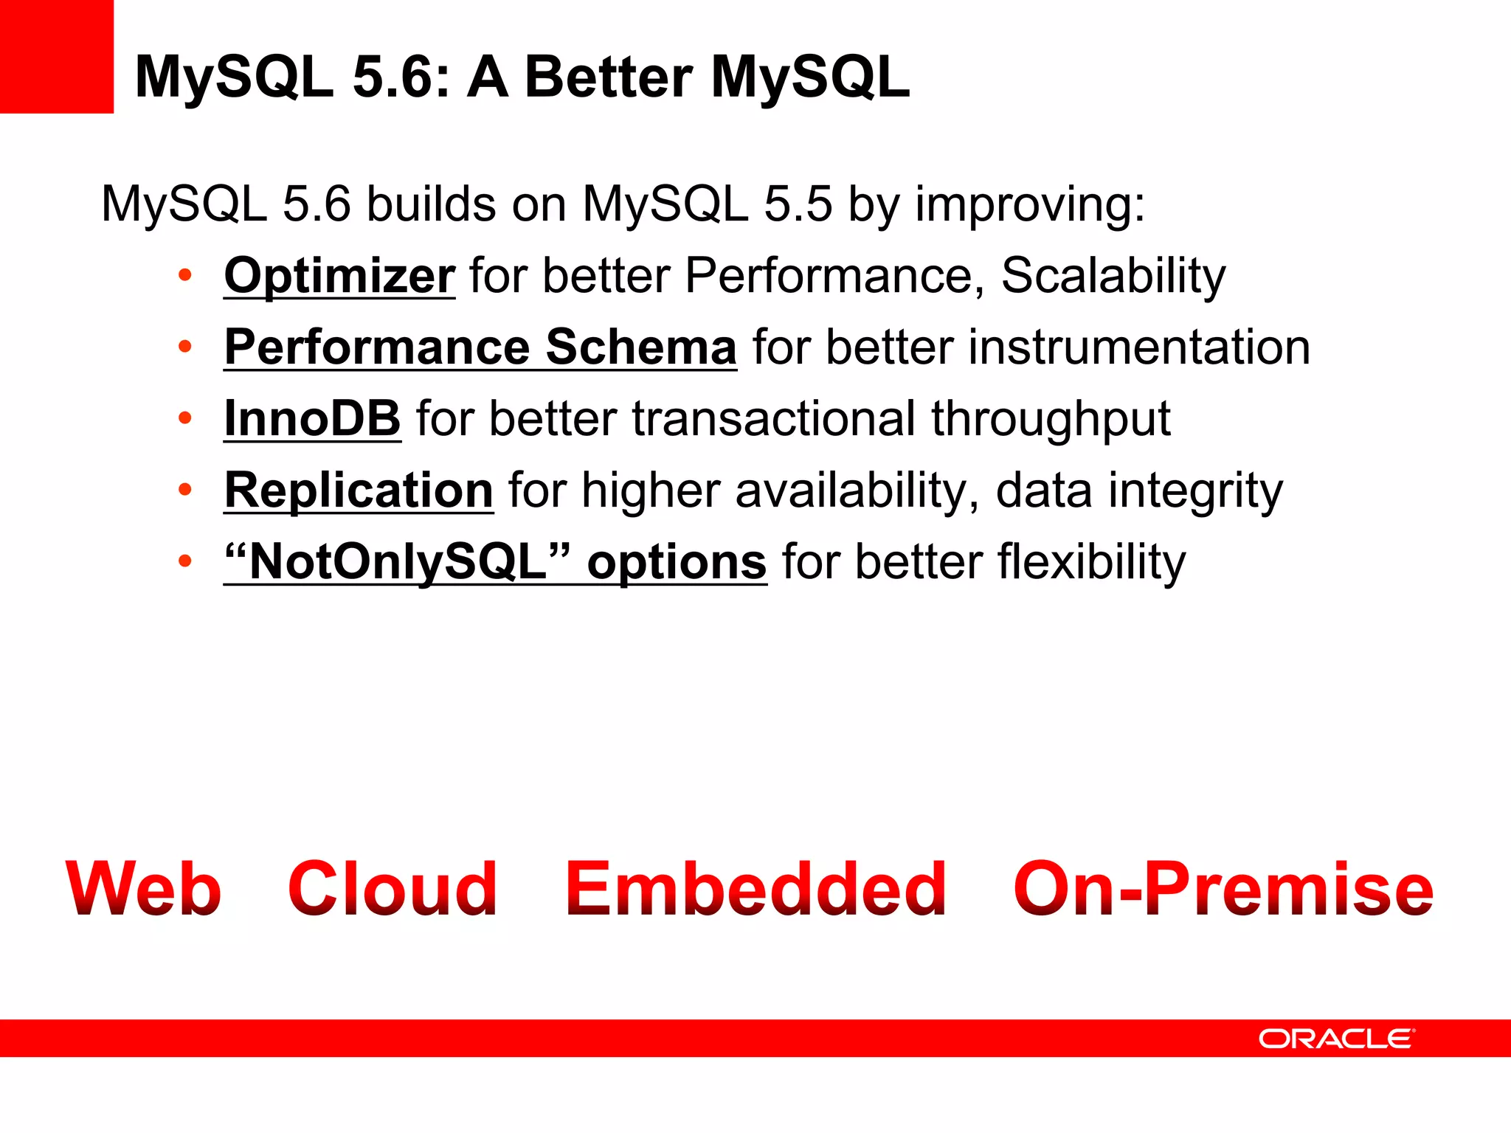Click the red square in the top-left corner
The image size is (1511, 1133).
tap(56, 56)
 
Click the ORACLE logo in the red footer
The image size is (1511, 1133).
tap(1335, 1039)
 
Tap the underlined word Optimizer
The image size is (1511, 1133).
tap(339, 276)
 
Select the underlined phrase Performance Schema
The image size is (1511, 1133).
tap(480, 347)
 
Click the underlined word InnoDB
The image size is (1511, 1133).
tap(312, 419)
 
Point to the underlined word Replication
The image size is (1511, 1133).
tap(359, 491)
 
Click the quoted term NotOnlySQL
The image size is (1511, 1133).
tap(398, 562)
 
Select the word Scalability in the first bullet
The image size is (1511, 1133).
tap(1113, 276)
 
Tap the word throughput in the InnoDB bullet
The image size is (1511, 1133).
tap(1050, 419)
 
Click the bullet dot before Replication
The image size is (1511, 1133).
tap(185, 490)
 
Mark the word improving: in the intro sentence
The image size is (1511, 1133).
tap(1030, 204)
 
